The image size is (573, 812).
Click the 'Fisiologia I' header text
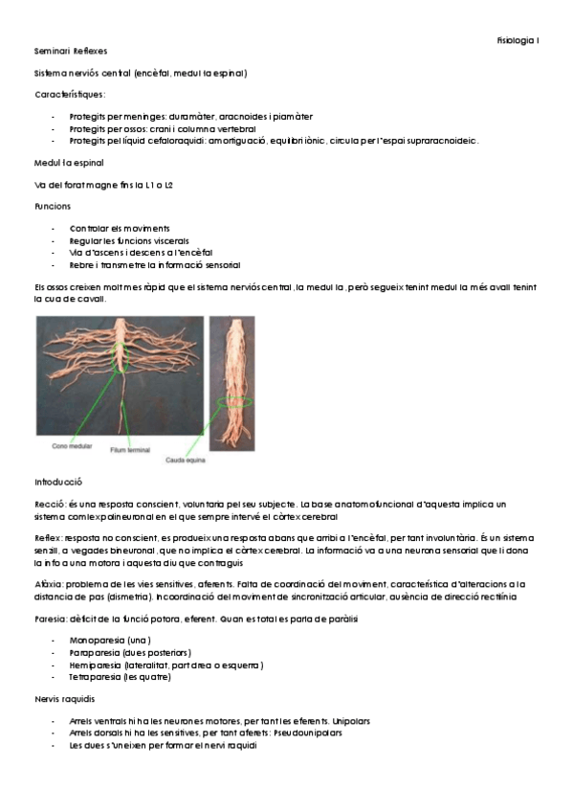point(518,40)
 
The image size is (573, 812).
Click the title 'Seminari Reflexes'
point(71,50)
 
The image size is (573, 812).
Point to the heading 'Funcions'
point(52,206)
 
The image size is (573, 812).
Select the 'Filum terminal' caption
point(133,450)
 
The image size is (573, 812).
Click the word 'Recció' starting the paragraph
point(49,503)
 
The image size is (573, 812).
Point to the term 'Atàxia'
point(48,583)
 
